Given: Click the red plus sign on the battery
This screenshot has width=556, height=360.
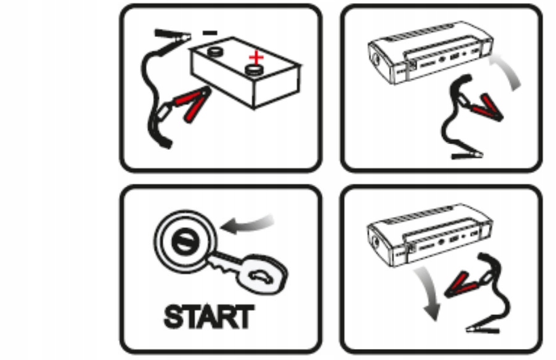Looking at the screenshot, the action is (256, 57).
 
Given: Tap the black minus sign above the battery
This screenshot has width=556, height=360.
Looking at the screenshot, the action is (210, 33).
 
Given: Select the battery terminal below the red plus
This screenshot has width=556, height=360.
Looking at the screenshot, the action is (255, 70).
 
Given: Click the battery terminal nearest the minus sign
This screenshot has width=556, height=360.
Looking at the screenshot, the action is (215, 52).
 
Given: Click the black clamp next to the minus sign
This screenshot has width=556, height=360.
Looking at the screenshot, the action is (173, 35).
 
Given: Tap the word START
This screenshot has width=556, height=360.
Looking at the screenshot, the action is (209, 317).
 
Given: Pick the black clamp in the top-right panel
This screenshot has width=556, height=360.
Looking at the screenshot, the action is (467, 155).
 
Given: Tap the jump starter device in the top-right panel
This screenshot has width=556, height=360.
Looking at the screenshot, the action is (430, 53).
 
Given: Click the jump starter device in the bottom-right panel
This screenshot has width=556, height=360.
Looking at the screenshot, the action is (429, 235).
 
